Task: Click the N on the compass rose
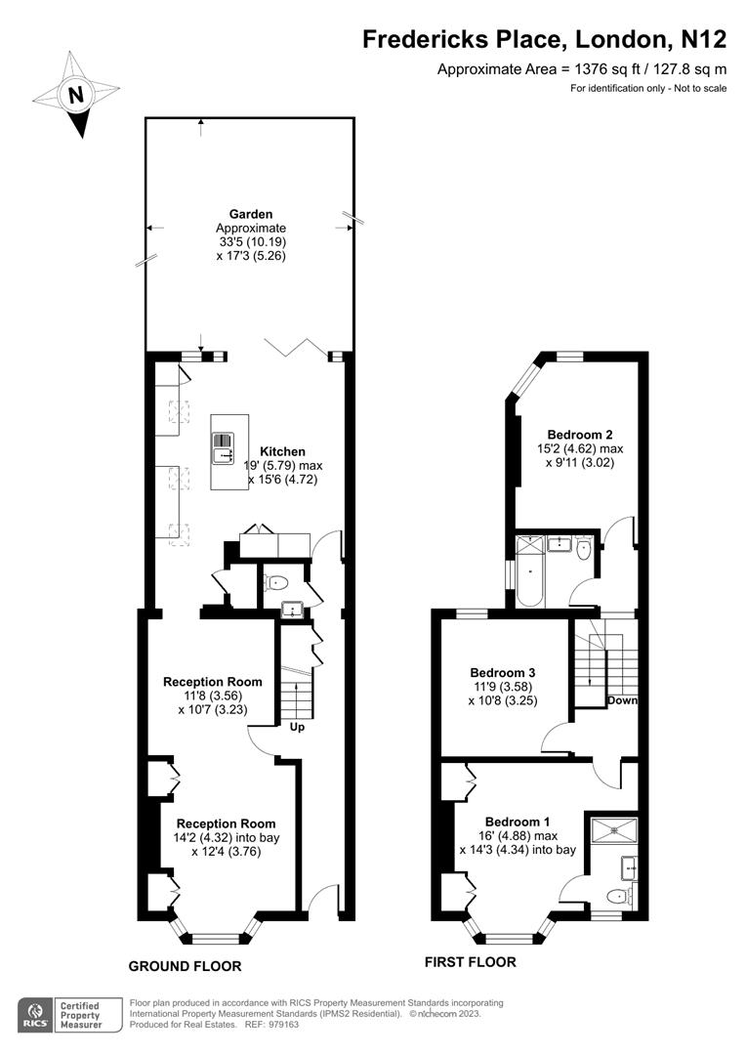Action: tap(76, 94)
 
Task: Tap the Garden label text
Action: tap(251, 214)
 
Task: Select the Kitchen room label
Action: tap(282, 451)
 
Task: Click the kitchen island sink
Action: tap(223, 448)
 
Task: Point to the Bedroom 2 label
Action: tap(580, 435)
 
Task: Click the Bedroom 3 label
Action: tap(503, 672)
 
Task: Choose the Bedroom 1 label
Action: tap(518, 822)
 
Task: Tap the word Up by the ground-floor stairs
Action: tap(297, 728)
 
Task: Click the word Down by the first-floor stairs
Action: tap(622, 700)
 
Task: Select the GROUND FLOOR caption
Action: tap(185, 966)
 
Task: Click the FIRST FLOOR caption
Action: tap(471, 962)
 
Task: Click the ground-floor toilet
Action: tap(275, 582)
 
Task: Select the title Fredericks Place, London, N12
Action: tap(545, 39)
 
